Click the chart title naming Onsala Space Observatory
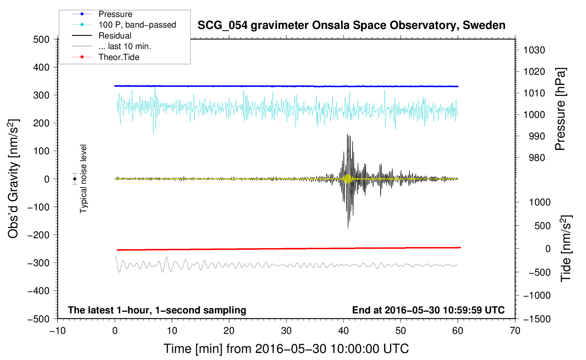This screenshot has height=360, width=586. click(351, 25)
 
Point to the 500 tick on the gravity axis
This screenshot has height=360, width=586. click(41, 39)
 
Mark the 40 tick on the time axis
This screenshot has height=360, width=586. click(343, 331)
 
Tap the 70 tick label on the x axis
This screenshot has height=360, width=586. click(515, 331)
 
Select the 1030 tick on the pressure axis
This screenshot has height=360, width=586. click(534, 50)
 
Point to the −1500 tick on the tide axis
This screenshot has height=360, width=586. click(537, 319)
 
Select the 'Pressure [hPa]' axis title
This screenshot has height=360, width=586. click(560, 109)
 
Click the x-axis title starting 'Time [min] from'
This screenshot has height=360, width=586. click(286, 349)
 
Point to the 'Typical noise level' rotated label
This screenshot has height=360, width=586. click(83, 179)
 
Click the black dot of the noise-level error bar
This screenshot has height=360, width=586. click(74, 179)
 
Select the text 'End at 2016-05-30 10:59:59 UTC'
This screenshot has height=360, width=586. click(428, 310)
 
